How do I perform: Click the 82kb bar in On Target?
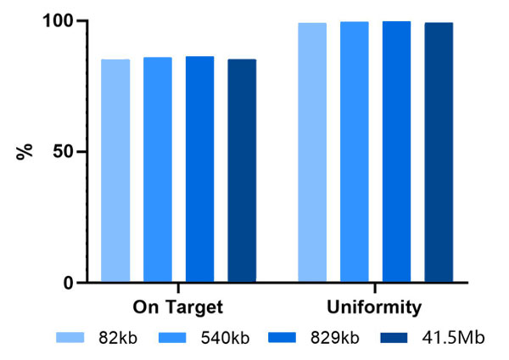point(115,171)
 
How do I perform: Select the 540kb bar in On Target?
point(158,170)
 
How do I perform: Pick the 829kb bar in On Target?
point(199,169)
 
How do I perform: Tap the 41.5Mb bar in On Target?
point(242,171)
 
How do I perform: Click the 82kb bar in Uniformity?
point(312,153)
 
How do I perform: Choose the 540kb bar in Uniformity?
point(355,152)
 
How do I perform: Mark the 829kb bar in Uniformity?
point(396,152)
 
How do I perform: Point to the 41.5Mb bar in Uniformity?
point(439,153)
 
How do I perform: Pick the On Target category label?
point(178,306)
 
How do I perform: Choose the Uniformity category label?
point(375,306)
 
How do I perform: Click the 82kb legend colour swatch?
point(74,338)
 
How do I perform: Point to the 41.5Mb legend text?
point(454,338)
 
